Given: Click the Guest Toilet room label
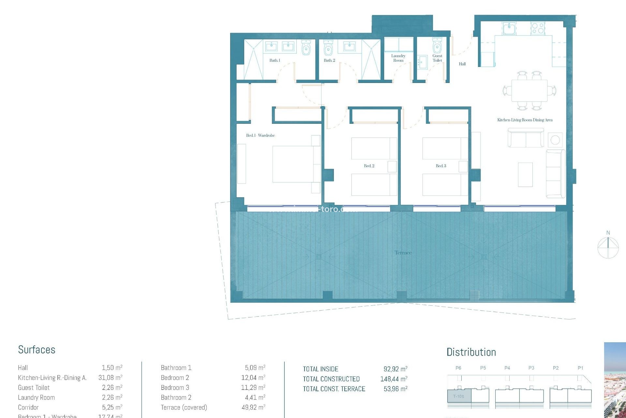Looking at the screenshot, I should point(437,58).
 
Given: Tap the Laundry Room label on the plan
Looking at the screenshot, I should point(398,58).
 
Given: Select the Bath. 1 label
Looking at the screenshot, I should point(275,60).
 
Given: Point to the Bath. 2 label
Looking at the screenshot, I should point(329,60).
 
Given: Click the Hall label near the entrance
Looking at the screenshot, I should point(462,64).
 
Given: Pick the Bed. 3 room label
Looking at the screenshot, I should point(441,166).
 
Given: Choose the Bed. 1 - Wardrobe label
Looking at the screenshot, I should point(260,135).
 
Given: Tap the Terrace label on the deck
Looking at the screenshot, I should point(403,253).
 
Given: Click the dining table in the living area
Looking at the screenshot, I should point(529,90).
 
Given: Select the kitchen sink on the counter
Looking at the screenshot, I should point(509,28).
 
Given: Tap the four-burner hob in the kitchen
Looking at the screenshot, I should point(538,28).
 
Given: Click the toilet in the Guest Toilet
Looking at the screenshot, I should point(437,46).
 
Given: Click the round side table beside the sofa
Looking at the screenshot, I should point(555,140).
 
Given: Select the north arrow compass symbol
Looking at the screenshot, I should point(608,247).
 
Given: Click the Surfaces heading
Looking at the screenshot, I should point(37,350).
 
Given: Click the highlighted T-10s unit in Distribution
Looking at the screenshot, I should point(459,396).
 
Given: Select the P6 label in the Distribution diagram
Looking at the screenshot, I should point(458,368).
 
